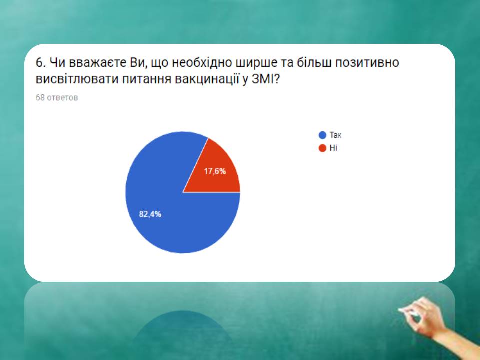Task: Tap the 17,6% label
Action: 215,171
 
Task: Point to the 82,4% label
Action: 150,214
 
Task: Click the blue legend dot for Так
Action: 322,135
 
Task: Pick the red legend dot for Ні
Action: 322,148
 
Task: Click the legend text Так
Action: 335,135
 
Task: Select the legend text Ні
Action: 333,148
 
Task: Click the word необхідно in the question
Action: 201,63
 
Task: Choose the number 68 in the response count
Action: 40,97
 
